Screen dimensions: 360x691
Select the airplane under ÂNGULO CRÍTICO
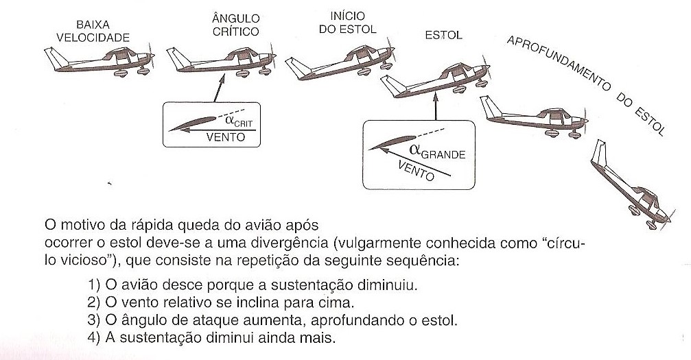pyautogui.click(x=219, y=61)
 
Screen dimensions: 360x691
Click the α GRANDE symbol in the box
pyautogui.click(x=435, y=152)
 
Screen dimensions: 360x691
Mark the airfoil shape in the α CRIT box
pyautogui.click(x=195, y=125)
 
